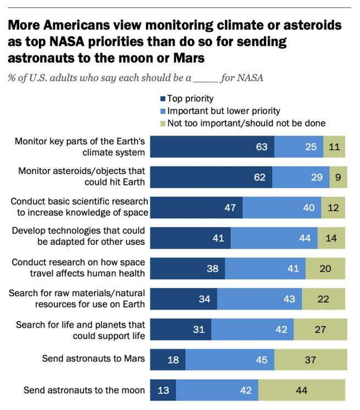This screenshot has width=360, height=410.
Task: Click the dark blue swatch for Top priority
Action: [162, 99]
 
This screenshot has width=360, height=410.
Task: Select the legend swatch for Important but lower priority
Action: [162, 111]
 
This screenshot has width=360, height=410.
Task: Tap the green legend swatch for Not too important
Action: [162, 123]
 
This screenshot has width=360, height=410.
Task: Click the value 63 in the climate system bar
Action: [261, 147]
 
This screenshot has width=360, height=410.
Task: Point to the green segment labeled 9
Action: [337, 177]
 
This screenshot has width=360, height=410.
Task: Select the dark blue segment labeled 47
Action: [196, 207]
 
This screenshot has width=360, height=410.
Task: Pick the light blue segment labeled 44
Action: [274, 238]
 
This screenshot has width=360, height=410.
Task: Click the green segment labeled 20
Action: [325, 269]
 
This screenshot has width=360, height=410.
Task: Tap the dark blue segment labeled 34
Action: [183, 299]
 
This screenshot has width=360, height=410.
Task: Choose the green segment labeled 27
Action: [319, 330]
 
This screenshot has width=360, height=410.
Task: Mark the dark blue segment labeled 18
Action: [167, 360]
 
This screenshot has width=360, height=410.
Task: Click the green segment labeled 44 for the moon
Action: [302, 391]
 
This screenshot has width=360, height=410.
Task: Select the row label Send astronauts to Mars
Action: [93, 360]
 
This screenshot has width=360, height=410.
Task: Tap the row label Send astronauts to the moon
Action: [84, 391]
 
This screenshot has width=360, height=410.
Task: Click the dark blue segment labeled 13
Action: [162, 391]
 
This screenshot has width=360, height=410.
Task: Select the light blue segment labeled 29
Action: [301, 177]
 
